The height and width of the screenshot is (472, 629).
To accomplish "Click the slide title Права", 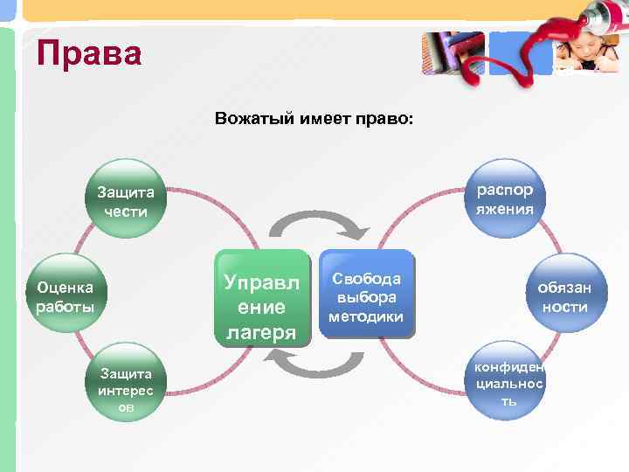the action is click(x=88, y=54).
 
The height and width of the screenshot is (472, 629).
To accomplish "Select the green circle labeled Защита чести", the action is click(x=125, y=200).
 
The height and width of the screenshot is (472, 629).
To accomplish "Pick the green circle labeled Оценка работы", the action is click(x=66, y=295).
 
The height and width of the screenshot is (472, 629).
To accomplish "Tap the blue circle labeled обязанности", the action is click(x=563, y=295).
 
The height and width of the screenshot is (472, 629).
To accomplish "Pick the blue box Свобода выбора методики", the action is click(x=365, y=297).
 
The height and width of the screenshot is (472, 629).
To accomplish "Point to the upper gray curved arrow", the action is click(x=318, y=226).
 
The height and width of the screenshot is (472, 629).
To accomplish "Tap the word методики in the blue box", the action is click(x=365, y=316).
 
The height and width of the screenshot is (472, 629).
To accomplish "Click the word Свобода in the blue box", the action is click(x=365, y=278).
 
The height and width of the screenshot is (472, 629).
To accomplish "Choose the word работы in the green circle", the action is click(x=66, y=307).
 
